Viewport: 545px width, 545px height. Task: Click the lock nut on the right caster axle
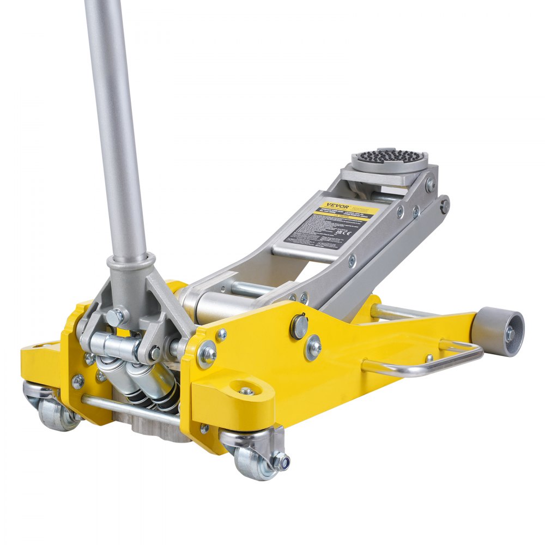pyautogui.click(x=281, y=461)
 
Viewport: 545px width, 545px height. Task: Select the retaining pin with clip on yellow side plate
pyautogui.click(x=299, y=325)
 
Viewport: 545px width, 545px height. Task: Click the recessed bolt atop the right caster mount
pyautogui.click(x=247, y=391)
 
